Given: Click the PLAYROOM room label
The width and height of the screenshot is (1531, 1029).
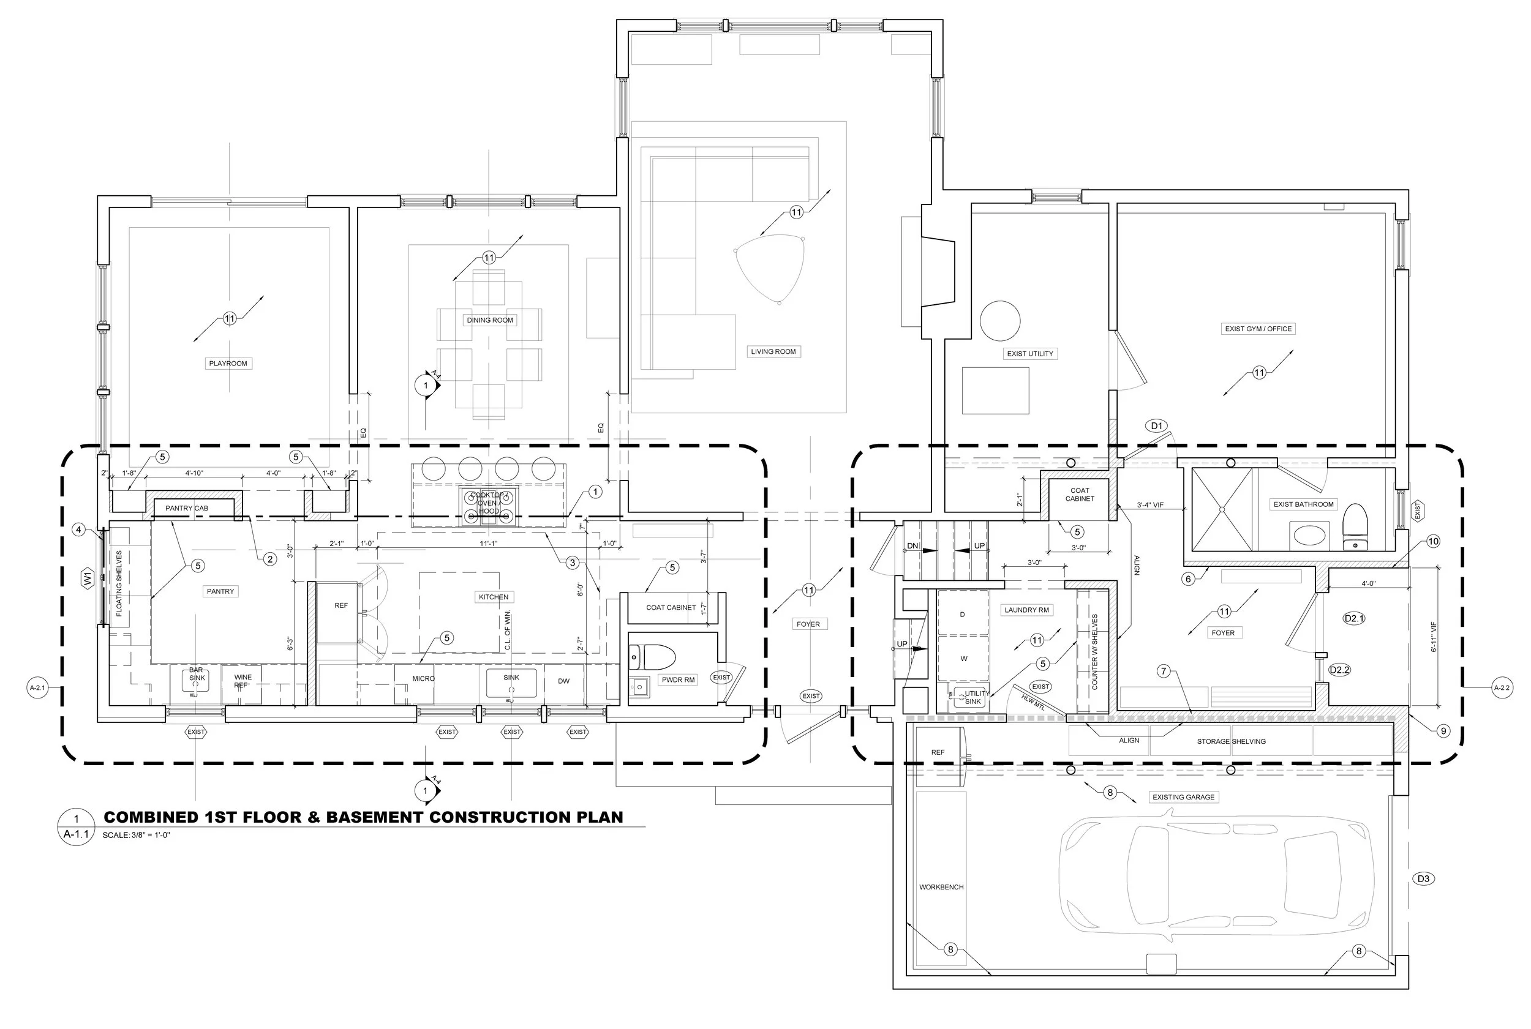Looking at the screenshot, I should [x=228, y=364].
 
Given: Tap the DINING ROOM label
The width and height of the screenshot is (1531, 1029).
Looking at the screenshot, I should [x=490, y=320].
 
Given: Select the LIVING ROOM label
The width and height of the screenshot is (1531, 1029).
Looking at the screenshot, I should [x=773, y=352].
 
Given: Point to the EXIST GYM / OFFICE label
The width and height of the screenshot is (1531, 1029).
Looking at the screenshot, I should [x=1258, y=329].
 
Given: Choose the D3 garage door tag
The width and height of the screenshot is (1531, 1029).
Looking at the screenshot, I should [x=1423, y=878].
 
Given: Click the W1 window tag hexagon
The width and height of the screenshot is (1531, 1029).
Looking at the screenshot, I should [x=88, y=578].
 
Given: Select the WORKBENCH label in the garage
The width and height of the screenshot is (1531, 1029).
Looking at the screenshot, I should [x=941, y=887].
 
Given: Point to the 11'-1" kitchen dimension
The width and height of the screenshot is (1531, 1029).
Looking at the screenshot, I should [x=488, y=544].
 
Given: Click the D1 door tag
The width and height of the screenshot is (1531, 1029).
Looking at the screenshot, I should [x=1156, y=426].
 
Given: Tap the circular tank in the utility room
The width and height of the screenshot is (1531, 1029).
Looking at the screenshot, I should [x=1000, y=321].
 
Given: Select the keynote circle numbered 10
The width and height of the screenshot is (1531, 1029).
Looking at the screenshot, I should [x=1432, y=541].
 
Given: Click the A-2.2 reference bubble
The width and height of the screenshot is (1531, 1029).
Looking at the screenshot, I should [x=1502, y=689].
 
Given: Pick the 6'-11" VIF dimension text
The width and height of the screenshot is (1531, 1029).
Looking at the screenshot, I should [x=1434, y=637].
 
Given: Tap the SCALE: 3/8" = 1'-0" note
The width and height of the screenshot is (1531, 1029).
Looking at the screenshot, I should [x=137, y=836].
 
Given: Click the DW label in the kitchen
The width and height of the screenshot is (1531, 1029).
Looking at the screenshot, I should [x=563, y=681].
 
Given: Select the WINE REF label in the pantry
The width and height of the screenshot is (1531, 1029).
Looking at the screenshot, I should [x=243, y=681].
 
